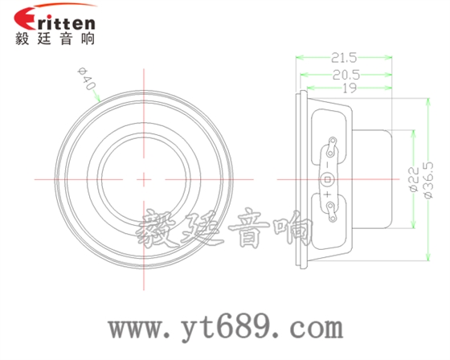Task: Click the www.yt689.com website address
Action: click(226, 328)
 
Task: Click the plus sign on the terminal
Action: click(328, 192)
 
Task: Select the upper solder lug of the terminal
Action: click(329, 148)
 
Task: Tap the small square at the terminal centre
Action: click(328, 178)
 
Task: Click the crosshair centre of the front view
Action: click(145, 178)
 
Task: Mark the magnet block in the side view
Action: click(374, 178)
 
